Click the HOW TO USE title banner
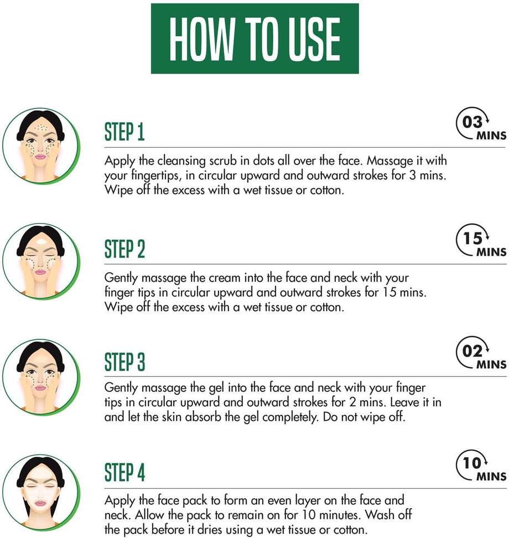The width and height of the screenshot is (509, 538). click(255, 38)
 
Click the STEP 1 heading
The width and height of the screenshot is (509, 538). click(124, 131)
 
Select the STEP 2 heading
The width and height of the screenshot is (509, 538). click(125, 249)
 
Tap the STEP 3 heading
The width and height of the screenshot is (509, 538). click(125, 361)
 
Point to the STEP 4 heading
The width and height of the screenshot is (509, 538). click(125, 473)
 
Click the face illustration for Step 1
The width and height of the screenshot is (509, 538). click(41, 146)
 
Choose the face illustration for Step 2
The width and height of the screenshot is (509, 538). click(41, 261)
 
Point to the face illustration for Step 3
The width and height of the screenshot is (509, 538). click(41, 377)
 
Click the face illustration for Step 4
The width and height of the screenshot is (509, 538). click(41, 493)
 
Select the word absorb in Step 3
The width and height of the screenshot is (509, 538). click(204, 417)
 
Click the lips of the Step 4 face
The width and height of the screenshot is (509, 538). click(40, 503)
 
